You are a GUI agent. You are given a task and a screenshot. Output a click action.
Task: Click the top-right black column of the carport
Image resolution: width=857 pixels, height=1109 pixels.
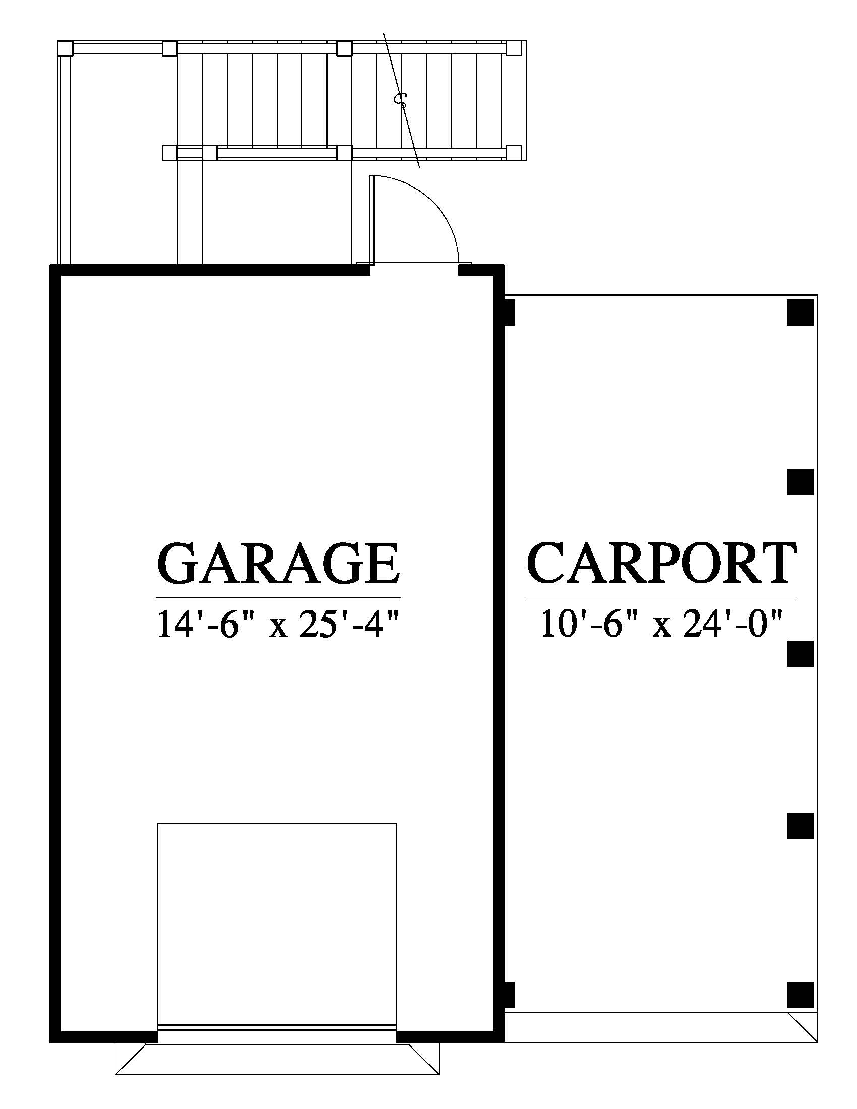click(x=801, y=313)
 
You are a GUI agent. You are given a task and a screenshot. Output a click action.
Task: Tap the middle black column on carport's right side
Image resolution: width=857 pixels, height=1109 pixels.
click(x=801, y=653)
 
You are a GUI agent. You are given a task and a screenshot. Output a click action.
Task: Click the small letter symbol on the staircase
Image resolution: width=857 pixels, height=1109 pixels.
click(x=401, y=99)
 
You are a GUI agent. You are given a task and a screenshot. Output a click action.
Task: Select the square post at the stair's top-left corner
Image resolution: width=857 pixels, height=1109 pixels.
click(x=65, y=49)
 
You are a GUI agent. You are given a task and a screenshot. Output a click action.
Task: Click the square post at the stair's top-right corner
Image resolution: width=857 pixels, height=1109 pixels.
click(x=513, y=48)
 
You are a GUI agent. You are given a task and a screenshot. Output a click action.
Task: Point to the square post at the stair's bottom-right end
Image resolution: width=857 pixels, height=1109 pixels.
click(x=514, y=152)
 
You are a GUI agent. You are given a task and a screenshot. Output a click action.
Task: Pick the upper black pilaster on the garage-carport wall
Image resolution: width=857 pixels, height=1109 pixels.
click(x=509, y=313)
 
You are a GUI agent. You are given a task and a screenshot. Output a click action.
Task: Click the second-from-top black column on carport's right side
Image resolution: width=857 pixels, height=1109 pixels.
click(x=801, y=482)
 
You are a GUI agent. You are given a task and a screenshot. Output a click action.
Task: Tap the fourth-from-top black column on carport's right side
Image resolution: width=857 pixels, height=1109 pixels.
click(x=801, y=825)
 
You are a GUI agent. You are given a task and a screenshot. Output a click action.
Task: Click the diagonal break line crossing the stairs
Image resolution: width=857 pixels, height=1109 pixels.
click(x=402, y=100)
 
